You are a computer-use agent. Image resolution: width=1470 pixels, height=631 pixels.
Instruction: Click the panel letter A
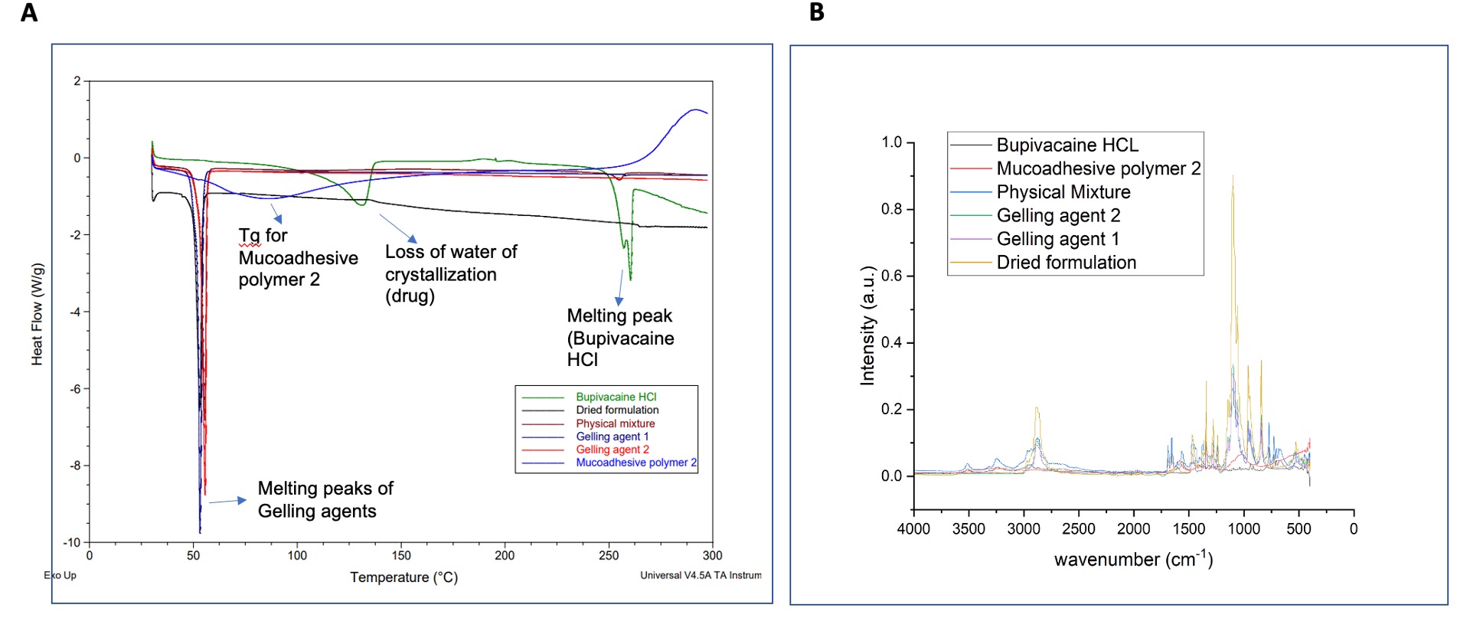(29, 13)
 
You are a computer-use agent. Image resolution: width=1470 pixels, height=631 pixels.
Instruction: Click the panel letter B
(817, 12)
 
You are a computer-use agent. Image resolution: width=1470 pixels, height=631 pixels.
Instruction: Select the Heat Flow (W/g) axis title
(37, 314)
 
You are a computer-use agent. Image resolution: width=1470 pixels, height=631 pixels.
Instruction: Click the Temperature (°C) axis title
(403, 577)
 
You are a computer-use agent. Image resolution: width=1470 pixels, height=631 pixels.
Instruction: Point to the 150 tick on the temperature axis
(401, 556)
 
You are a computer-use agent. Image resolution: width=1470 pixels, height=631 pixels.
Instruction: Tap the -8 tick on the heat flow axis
(75, 466)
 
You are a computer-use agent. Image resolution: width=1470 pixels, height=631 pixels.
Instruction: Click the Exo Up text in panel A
(60, 575)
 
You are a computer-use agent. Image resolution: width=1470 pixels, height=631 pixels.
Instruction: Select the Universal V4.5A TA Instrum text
(701, 575)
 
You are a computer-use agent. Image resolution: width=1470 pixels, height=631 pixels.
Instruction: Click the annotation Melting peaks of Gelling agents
(325, 499)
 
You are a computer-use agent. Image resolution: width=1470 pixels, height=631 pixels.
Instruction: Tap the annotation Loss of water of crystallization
(450, 273)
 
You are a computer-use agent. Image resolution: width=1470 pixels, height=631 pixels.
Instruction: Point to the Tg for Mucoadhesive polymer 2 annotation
(297, 257)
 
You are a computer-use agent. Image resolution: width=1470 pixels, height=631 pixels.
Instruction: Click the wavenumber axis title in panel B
(1133, 559)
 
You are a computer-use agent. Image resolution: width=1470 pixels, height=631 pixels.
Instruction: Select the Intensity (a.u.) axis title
(867, 325)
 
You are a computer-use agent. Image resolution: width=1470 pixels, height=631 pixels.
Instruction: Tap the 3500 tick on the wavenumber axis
(969, 529)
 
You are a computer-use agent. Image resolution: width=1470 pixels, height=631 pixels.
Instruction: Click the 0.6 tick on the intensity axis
(891, 276)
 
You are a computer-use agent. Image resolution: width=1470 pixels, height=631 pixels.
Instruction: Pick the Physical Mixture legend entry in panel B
(1063, 192)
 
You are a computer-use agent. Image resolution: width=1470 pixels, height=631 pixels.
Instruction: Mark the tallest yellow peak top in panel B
(1233, 176)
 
